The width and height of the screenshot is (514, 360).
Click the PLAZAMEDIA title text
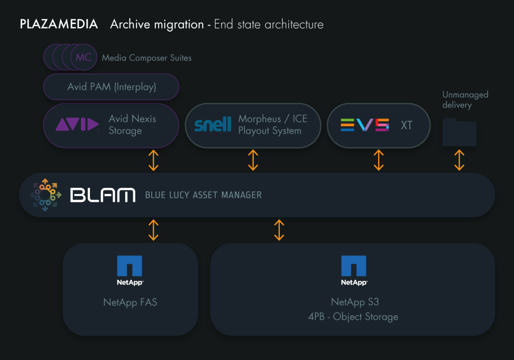coord(59,24)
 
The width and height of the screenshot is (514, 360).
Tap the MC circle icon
coord(84,58)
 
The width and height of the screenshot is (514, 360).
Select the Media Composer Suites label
coord(147,58)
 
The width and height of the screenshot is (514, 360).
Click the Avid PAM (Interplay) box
coord(111,87)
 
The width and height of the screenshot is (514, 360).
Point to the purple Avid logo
coord(77,124)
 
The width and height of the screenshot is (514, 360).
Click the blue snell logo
coord(212,125)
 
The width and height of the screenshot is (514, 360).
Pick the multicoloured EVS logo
coord(365,125)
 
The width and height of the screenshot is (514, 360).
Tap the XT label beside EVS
coord(406,125)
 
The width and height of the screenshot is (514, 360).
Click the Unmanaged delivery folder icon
coord(459,132)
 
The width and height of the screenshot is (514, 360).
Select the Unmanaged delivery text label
coord(465,100)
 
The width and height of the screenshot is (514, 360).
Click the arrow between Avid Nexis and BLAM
coord(154,160)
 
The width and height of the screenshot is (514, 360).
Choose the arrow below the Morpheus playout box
coord(253,160)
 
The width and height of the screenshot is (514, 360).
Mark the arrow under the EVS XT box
coord(379,160)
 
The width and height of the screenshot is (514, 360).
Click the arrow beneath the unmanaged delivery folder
coord(459,160)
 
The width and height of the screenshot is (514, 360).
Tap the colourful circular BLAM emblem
coord(45,195)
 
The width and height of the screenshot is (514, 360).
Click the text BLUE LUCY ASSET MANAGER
coord(203,195)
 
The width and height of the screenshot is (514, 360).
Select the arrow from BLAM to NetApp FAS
coord(154,230)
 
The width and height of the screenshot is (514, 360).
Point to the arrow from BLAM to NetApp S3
coord(279,230)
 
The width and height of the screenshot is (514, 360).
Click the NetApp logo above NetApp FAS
coord(130,270)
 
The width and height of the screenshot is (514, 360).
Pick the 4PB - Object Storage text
coord(353,317)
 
